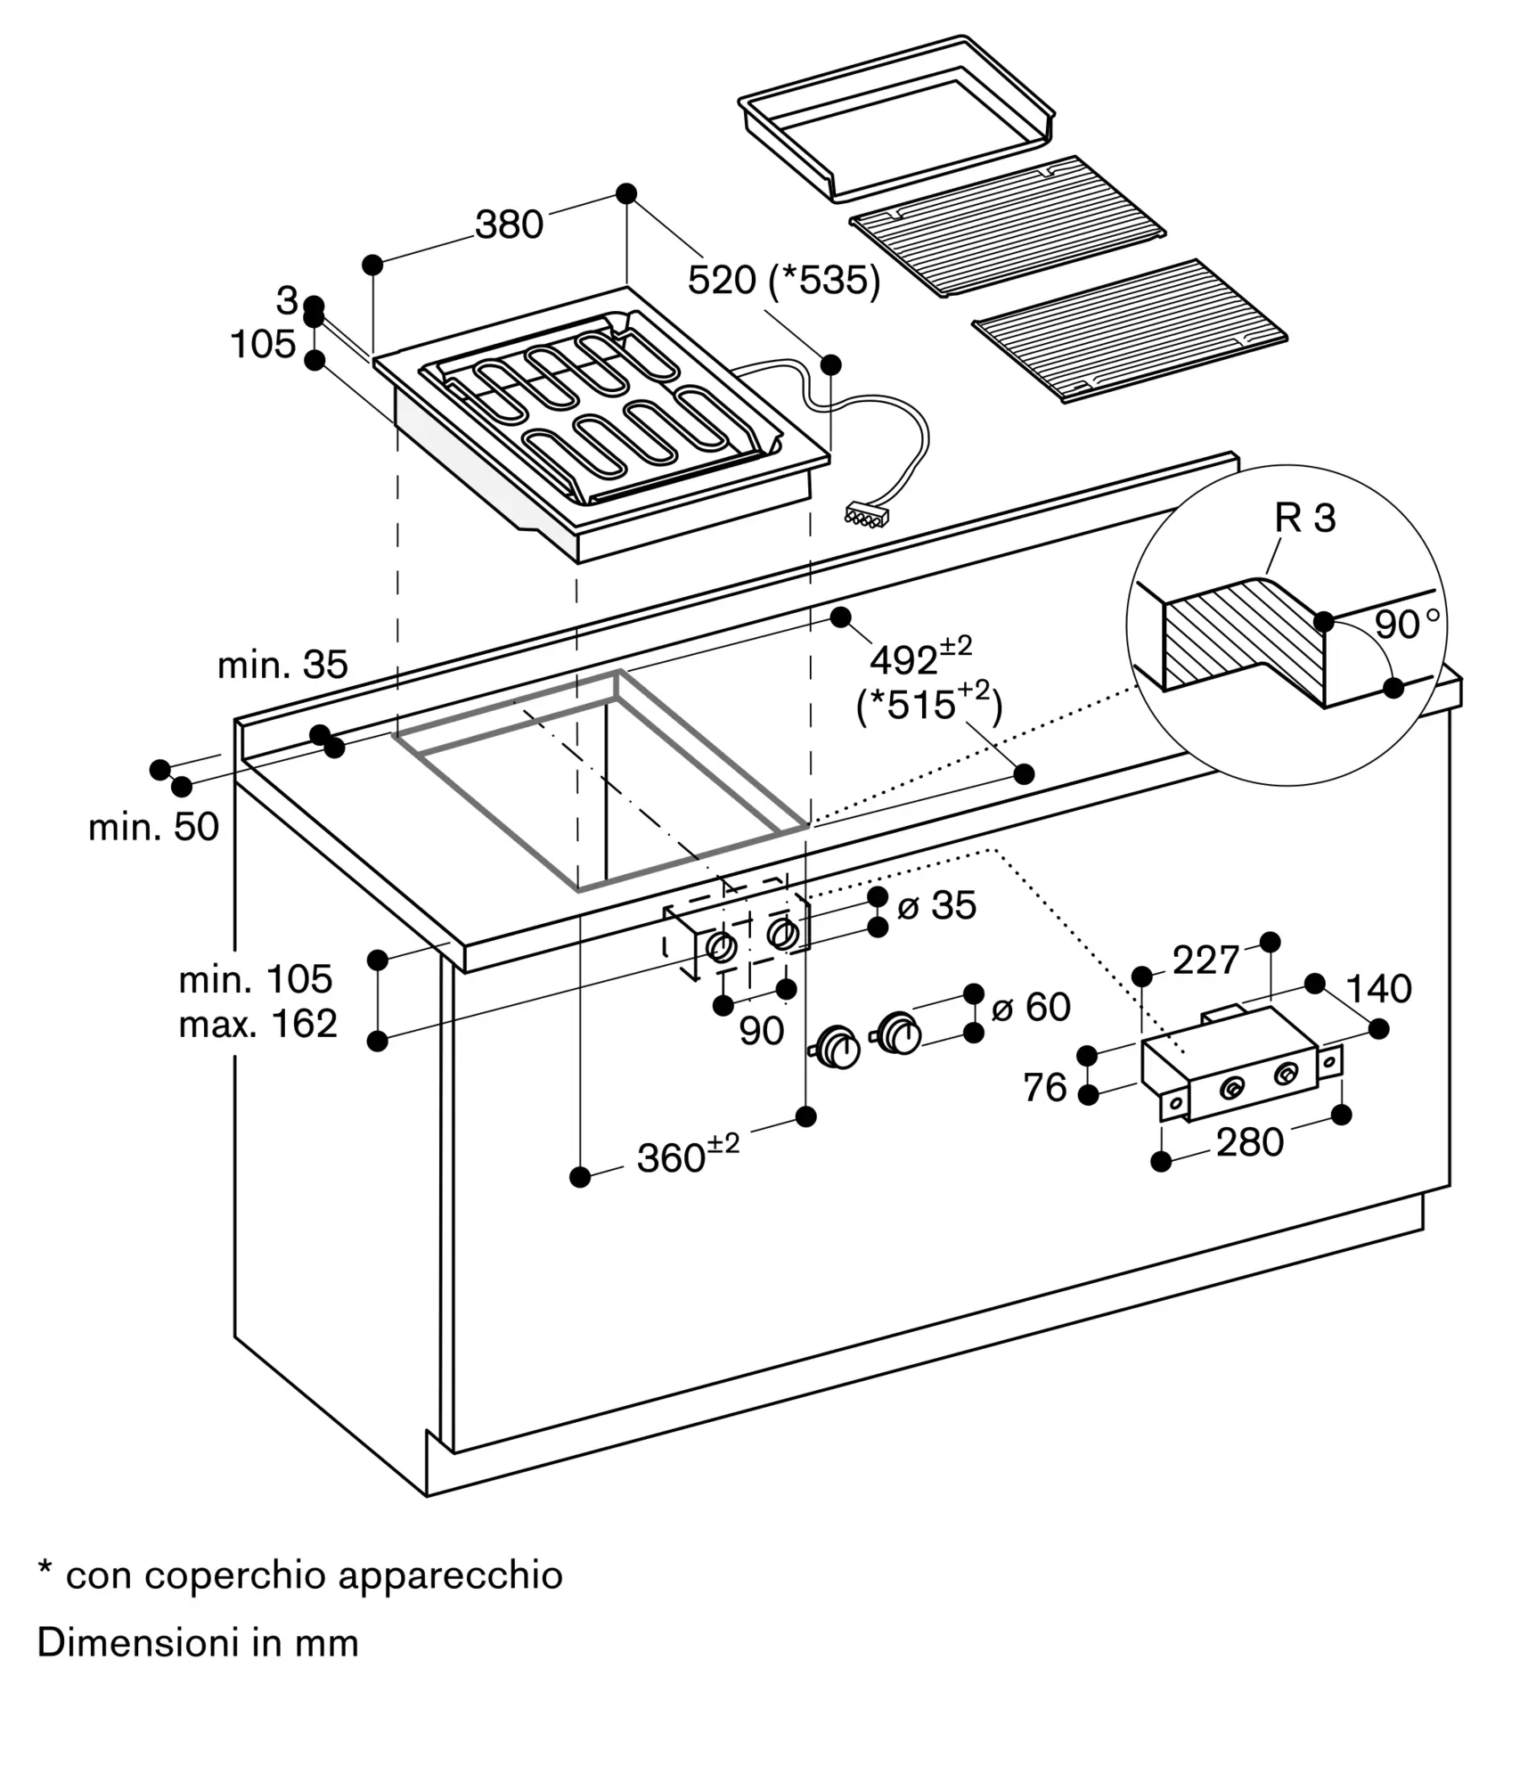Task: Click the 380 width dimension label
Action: tap(509, 225)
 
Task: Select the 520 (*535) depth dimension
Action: tap(783, 281)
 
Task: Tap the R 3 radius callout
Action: tap(1304, 518)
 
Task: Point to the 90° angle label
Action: tap(1407, 625)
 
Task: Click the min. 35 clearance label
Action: tap(282, 665)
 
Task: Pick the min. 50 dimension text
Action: tap(153, 827)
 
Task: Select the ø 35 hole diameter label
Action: tap(936, 905)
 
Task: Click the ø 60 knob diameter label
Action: tap(1030, 1007)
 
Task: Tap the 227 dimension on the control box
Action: tap(1205, 960)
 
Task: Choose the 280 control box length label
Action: tap(1249, 1141)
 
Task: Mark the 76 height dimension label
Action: tap(1044, 1087)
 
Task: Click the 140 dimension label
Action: tap(1377, 989)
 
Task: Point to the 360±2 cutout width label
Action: tap(687, 1157)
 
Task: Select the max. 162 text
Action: tap(257, 1024)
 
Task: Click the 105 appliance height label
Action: tap(263, 344)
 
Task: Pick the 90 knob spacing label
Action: tap(761, 1031)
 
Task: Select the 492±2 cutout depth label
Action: tap(919, 658)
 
